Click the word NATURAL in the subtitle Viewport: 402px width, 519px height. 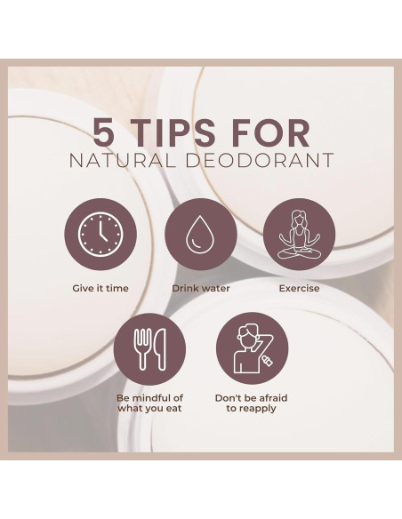click(x=122, y=160)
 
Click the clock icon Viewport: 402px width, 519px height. click(x=100, y=235)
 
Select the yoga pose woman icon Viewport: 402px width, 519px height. click(x=299, y=235)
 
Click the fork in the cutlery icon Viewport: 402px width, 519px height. click(x=142, y=349)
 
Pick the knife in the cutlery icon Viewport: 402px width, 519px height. click(x=160, y=349)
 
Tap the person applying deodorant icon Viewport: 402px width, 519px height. click(x=253, y=348)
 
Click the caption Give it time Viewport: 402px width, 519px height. click(x=100, y=288)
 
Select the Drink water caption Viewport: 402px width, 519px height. click(x=201, y=288)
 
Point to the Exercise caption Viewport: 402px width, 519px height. click(x=299, y=288)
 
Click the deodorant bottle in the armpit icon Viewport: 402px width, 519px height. click(x=267, y=360)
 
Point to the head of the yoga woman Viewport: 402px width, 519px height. click(x=298, y=218)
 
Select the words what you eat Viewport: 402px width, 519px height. click(x=149, y=409)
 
